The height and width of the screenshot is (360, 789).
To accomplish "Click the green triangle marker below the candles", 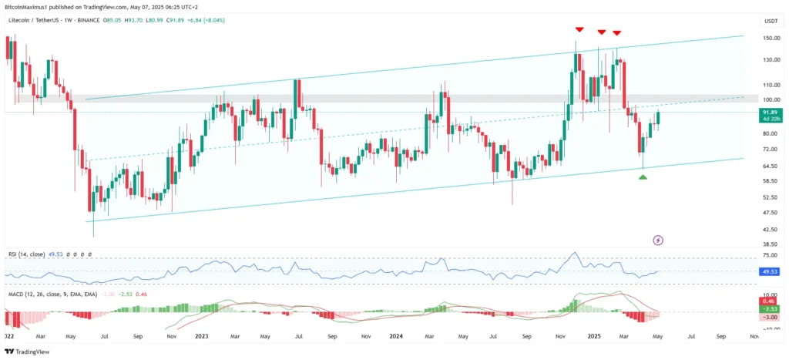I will (x=643, y=177).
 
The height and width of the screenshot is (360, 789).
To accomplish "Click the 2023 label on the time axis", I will (x=202, y=337).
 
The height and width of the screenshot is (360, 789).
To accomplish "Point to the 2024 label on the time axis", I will (x=397, y=337).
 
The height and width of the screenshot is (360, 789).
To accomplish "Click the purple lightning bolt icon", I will (x=658, y=241).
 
